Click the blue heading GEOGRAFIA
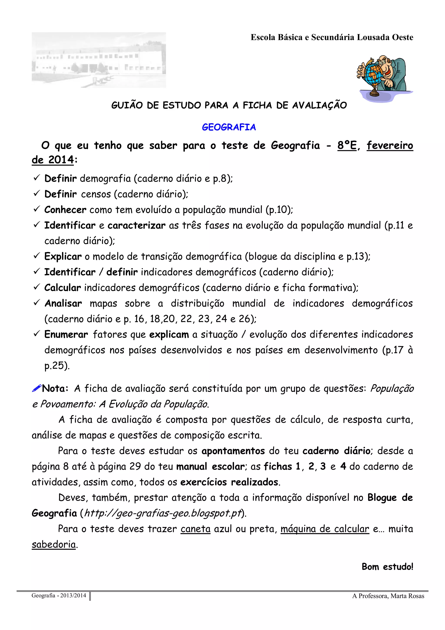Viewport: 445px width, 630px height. click(x=229, y=127)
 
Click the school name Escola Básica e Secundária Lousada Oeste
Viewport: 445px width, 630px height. click(x=332, y=37)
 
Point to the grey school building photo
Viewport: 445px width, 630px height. click(x=99, y=60)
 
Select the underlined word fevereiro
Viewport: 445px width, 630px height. click(x=390, y=145)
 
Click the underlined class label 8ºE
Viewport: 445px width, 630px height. click(x=347, y=145)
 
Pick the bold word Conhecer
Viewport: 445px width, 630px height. click(x=65, y=210)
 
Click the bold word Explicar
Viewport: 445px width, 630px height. click(x=63, y=257)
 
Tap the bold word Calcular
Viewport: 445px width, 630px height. click(x=63, y=288)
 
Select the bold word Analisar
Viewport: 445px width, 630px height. click(x=63, y=304)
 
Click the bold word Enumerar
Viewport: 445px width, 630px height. click(x=66, y=334)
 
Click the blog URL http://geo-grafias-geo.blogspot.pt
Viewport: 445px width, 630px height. click(x=163, y=513)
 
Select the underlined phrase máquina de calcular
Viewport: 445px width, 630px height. click(x=325, y=529)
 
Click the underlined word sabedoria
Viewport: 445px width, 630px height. click(x=54, y=544)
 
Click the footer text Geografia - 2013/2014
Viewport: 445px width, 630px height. click(x=59, y=595)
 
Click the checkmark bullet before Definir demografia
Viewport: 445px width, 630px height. click(x=37, y=178)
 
